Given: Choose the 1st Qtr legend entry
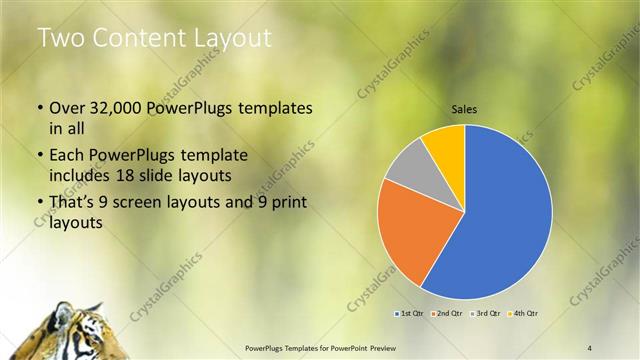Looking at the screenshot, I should point(410,314).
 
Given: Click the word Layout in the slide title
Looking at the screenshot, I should point(227,38).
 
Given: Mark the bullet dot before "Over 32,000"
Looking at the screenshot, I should point(39,108).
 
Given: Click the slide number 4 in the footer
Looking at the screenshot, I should point(589,346).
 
